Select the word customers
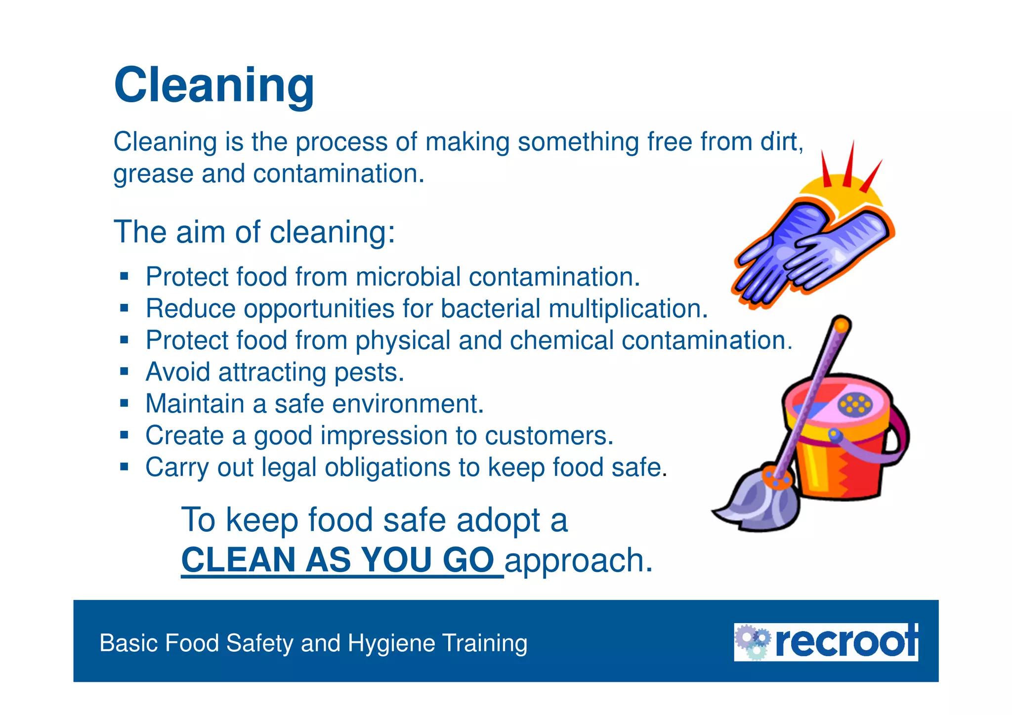pos(548,436)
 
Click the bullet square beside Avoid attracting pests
pos(124,372)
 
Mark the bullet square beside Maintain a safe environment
pos(124,403)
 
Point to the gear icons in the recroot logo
pos(752,641)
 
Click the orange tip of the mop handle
pos(842,325)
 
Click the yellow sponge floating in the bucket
pos(855,404)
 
